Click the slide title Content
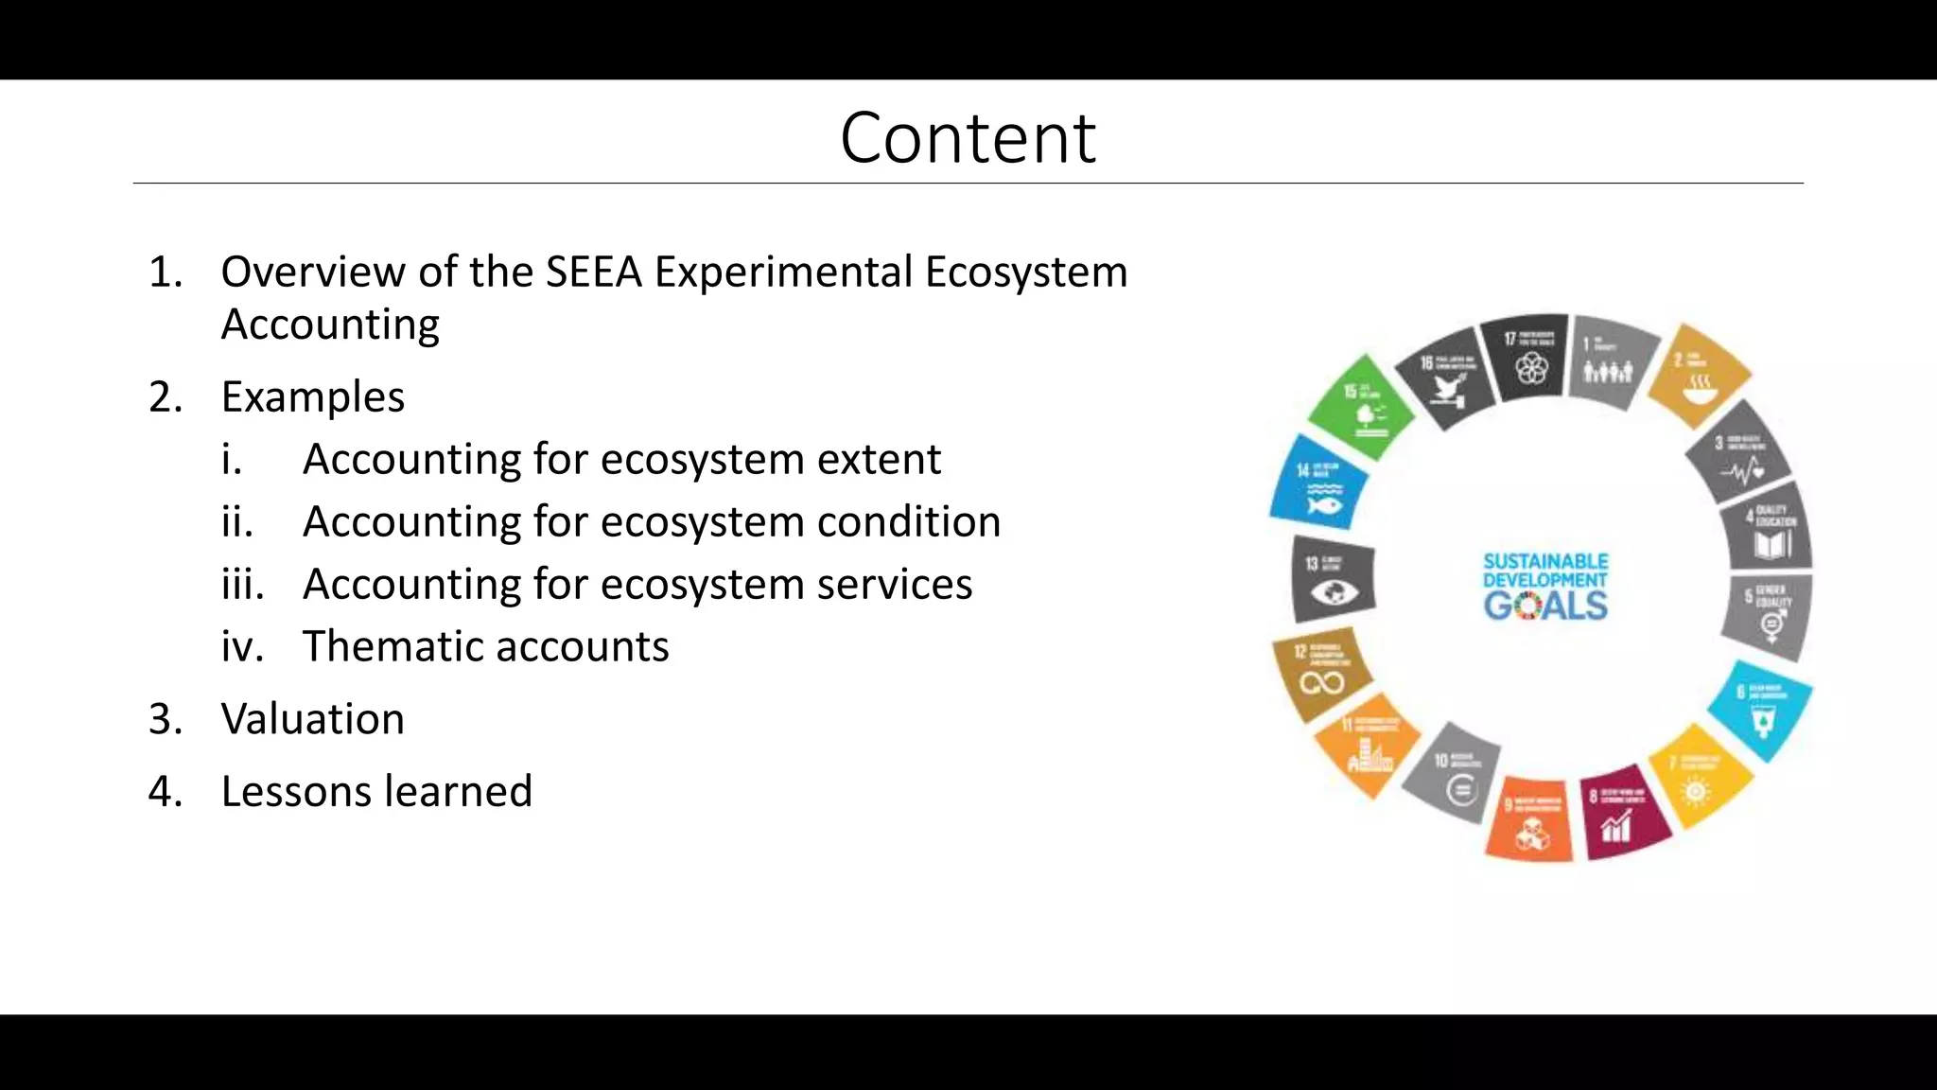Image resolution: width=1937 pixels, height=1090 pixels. tap(968, 138)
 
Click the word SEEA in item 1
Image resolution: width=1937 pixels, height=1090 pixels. tap(593, 272)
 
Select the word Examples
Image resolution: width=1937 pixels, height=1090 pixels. tap(312, 396)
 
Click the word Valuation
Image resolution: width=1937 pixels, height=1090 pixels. tap(312, 719)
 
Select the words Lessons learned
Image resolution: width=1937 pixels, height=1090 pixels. tap(376, 791)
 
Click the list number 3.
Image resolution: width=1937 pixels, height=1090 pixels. tap(166, 719)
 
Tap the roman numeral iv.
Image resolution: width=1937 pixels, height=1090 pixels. tap(242, 646)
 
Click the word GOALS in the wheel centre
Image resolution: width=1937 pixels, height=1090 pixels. tap(1545, 606)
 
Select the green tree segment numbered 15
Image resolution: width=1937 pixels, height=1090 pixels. tap(1362, 407)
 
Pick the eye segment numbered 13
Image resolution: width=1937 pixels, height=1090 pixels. tap(1332, 580)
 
